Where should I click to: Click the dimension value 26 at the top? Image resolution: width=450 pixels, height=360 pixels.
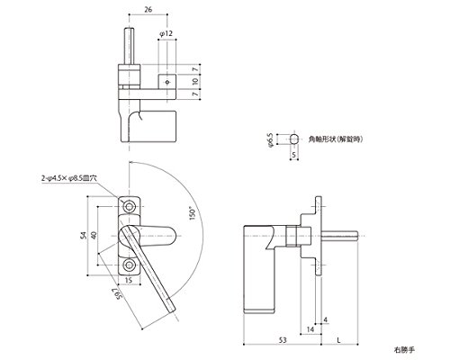[148, 9]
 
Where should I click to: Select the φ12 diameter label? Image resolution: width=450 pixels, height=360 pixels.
[166, 33]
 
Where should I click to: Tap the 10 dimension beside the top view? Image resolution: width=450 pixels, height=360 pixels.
[195, 81]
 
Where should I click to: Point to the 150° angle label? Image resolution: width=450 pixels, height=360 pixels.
[193, 213]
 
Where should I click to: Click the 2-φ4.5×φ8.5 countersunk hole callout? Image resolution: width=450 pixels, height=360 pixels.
[69, 178]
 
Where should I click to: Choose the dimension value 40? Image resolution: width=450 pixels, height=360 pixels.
[94, 236]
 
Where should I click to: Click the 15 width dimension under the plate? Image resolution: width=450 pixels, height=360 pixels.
[129, 281]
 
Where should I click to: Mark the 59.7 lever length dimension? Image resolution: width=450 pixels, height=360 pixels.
[118, 293]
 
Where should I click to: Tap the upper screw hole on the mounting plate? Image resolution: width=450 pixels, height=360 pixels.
[130, 207]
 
